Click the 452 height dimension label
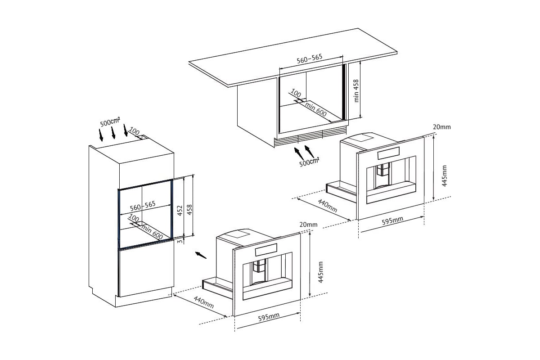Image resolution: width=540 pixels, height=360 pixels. point(180,211)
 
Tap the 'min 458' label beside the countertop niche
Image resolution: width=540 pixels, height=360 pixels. point(356,91)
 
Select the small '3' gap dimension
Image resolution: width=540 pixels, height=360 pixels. point(180,241)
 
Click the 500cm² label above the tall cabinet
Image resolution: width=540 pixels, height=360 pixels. point(110,122)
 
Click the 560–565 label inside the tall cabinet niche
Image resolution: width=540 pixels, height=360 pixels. point(143,206)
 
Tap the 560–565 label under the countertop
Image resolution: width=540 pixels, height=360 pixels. point(309,59)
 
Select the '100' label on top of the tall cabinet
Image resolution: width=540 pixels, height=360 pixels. point(134,131)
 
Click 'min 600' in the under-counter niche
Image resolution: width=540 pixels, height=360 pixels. point(316,109)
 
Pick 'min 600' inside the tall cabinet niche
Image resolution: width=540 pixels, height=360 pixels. point(152,232)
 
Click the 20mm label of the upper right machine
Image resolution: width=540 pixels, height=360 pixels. point(442,127)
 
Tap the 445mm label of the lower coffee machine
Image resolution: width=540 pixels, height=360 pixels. point(320,272)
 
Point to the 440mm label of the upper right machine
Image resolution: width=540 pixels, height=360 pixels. point(328,206)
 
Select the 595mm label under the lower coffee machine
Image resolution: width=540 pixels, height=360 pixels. point(269,317)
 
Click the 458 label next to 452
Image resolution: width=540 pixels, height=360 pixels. point(190,210)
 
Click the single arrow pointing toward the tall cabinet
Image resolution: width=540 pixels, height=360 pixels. point(201,255)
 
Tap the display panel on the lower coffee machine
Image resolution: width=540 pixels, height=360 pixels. point(266,249)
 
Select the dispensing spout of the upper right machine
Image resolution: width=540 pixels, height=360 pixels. point(383,169)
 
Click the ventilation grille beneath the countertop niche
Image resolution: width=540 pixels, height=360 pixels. point(311,137)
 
